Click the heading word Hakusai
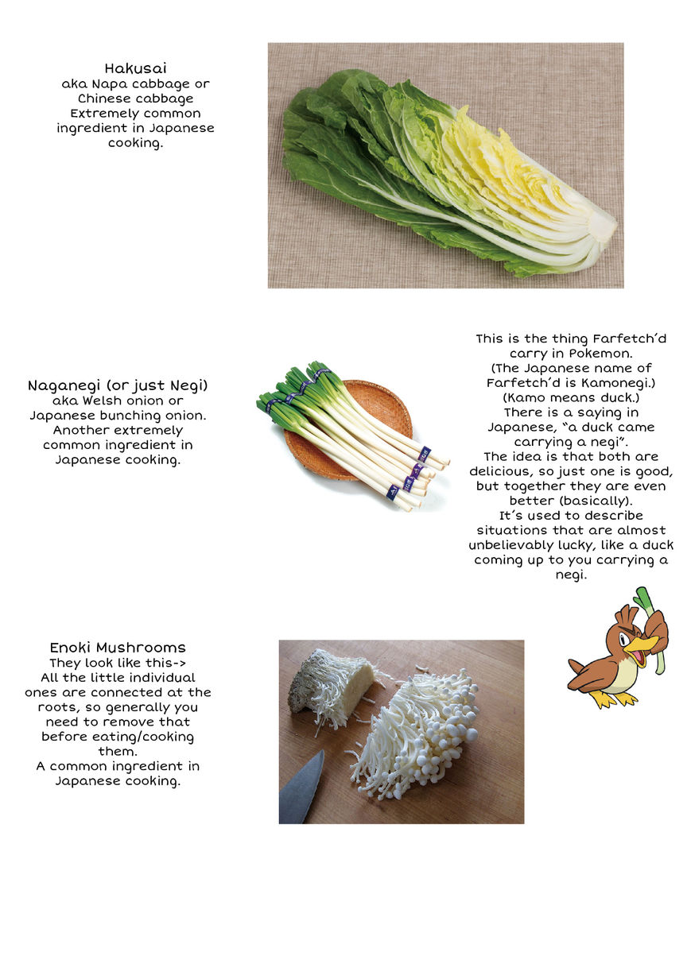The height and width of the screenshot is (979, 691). [135, 68]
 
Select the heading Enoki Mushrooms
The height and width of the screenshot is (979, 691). [118, 648]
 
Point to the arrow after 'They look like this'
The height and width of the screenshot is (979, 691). [180, 664]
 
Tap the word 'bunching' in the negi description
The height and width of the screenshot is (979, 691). [130, 416]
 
